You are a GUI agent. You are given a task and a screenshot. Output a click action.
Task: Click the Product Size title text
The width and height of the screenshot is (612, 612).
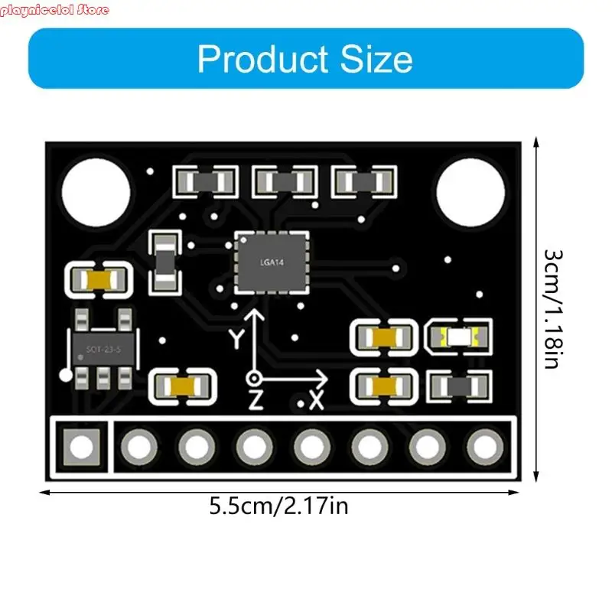[x=305, y=59]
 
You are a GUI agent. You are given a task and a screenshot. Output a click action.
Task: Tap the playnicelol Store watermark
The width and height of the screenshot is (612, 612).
[x=55, y=10]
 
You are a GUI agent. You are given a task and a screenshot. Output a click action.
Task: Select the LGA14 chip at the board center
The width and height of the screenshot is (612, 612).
[x=272, y=262]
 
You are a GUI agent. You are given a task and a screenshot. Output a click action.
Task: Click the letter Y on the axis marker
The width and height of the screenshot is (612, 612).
[x=237, y=337]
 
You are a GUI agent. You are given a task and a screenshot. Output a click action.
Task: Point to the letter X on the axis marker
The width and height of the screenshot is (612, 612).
[x=316, y=400]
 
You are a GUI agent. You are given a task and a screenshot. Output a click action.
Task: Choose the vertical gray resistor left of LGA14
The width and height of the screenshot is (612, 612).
[x=165, y=262]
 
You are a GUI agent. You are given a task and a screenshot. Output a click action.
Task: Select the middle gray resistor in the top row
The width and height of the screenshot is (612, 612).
[x=284, y=182]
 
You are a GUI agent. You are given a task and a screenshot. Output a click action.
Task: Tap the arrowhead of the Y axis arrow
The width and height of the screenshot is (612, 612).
[x=255, y=314]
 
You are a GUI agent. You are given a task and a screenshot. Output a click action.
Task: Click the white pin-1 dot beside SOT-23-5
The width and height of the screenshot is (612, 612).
[x=67, y=375]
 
